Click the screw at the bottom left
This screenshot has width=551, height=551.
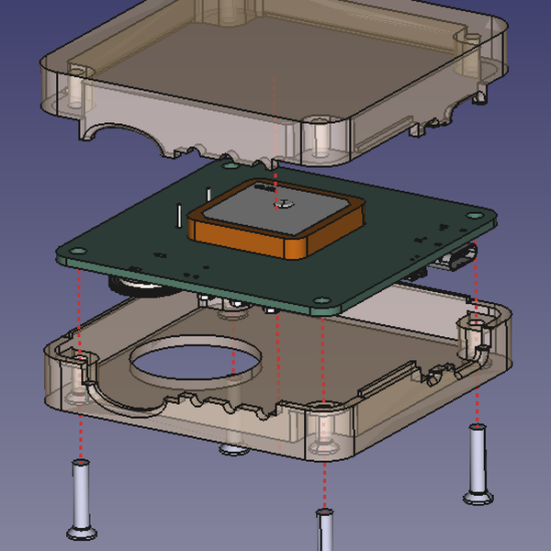81,500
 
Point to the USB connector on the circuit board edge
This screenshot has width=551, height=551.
458,258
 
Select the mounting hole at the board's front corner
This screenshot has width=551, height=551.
320,299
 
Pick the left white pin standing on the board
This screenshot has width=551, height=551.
175,213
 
